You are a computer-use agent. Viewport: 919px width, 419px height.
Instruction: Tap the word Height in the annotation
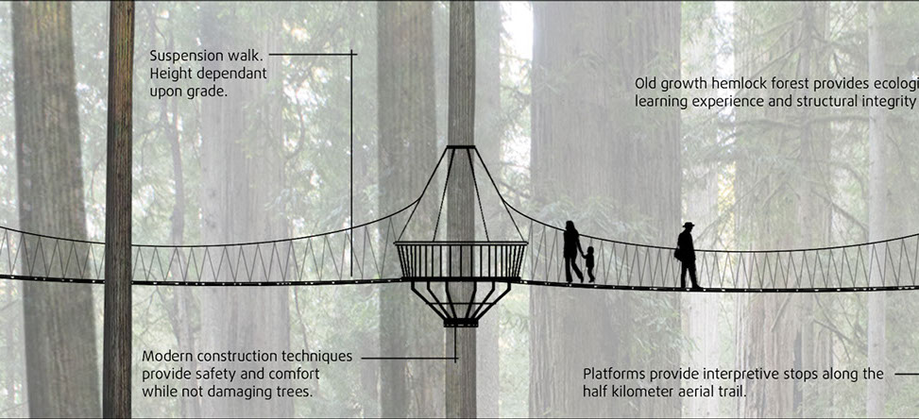(173, 74)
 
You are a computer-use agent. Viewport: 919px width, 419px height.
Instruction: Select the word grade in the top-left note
(207, 92)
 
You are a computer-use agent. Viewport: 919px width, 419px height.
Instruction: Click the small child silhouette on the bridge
(589, 263)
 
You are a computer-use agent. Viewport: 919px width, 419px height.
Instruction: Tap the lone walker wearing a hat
(687, 256)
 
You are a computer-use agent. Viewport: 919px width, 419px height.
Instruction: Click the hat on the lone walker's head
(687, 226)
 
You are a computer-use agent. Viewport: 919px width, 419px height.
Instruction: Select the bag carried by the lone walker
(678, 254)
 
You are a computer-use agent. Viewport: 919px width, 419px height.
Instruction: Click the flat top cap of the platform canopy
(461, 147)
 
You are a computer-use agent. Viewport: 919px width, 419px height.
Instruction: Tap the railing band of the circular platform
(460, 260)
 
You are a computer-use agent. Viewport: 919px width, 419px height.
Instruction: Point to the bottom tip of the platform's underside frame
(460, 324)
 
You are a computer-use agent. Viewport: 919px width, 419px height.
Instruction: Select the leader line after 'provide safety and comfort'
(406, 358)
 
